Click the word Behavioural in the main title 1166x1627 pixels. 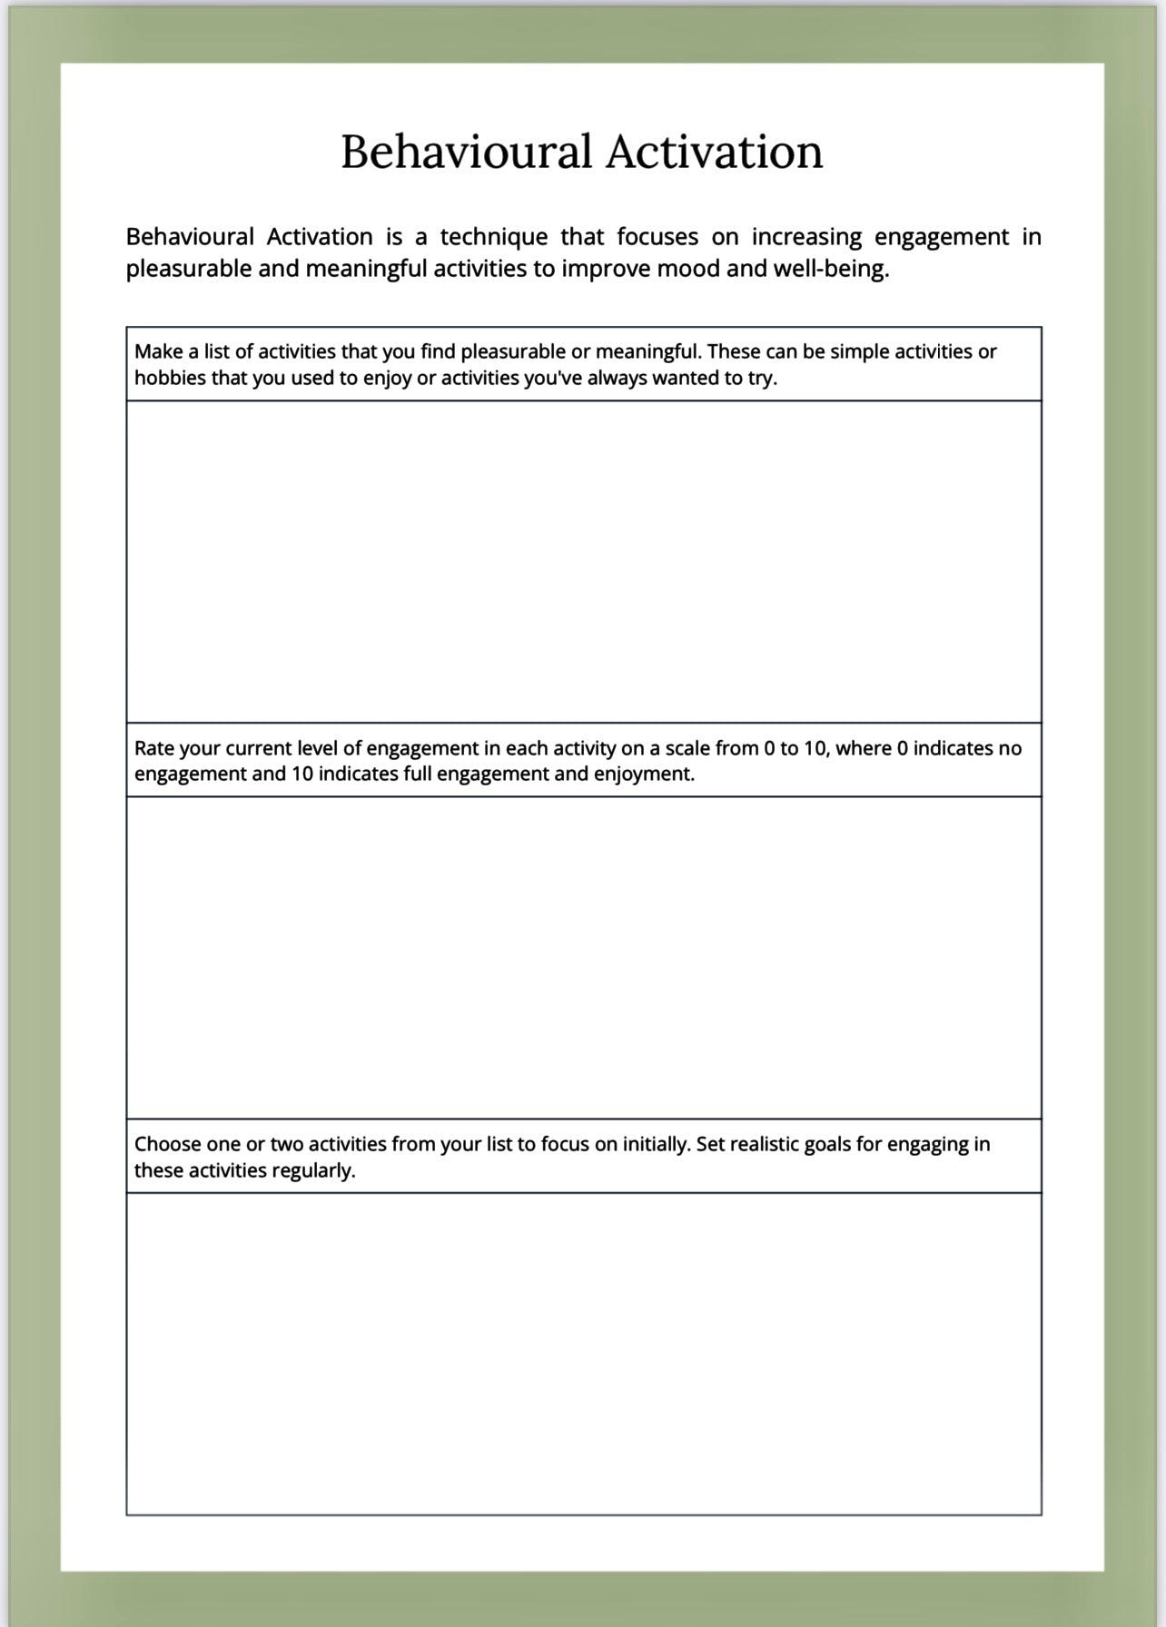pos(466,152)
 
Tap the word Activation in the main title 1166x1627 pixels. pos(714,152)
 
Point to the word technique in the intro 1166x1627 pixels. pos(494,237)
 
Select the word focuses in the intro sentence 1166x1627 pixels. pos(657,237)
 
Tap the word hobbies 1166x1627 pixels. pos(170,378)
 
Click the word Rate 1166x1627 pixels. pos(154,748)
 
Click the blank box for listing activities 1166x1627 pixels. pos(583,561)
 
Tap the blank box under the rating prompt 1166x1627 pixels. pos(583,957)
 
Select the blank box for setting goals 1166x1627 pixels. pos(583,1353)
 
